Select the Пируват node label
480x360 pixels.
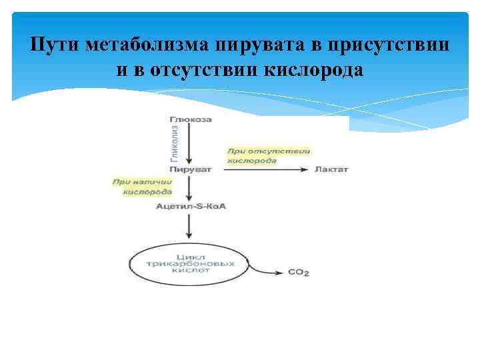[x=191, y=169]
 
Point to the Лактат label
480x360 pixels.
[x=331, y=169]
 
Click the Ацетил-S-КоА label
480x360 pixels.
[x=191, y=206]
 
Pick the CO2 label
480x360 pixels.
[x=299, y=272]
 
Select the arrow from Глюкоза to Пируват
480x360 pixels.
[x=191, y=143]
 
